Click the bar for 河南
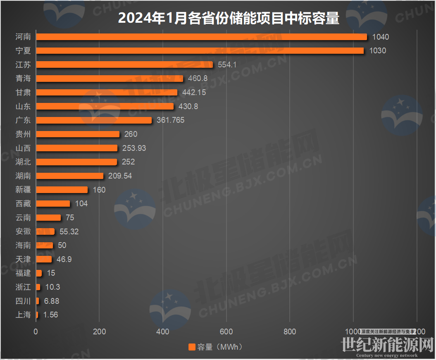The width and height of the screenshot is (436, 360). pyautogui.click(x=201, y=37)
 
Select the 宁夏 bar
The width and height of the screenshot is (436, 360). pyautogui.click(x=200, y=50)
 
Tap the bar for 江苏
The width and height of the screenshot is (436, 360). pyautogui.click(x=124, y=64)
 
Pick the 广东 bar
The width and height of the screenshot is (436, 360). pyautogui.click(x=94, y=120)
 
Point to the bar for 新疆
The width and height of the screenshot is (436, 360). pyautogui.click(x=62, y=190)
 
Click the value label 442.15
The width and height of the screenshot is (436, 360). pyautogui.click(x=194, y=92)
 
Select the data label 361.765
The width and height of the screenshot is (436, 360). pyautogui.click(x=170, y=120)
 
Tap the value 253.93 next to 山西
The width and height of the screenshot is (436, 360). pyautogui.click(x=134, y=148)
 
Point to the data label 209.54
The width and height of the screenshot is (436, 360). pyautogui.click(x=120, y=176)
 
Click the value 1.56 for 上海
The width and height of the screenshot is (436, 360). pyautogui.click(x=50, y=315)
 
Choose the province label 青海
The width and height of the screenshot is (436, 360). pyautogui.click(x=23, y=79)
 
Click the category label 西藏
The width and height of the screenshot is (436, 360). pyautogui.click(x=23, y=203)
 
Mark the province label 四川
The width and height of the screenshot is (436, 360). pyautogui.click(x=23, y=301)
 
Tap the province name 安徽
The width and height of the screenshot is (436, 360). pyautogui.click(x=23, y=231)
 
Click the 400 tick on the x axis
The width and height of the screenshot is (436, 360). pyautogui.click(x=163, y=331)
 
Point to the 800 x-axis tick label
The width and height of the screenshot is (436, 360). pyautogui.click(x=290, y=331)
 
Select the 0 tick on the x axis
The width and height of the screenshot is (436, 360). pyautogui.click(x=36, y=331)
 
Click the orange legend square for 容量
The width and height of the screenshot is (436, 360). pyautogui.click(x=192, y=347)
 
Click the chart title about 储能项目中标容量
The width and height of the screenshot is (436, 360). pyautogui.click(x=229, y=18)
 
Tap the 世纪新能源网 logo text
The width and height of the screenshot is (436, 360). pyautogui.click(x=388, y=345)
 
